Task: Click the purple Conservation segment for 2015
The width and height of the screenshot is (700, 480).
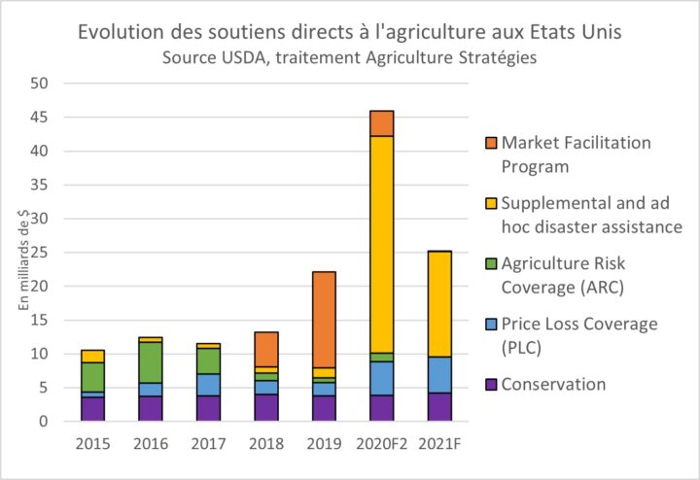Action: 93,408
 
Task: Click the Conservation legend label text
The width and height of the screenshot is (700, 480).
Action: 553,384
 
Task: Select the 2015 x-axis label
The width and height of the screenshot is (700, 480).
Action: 93,444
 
